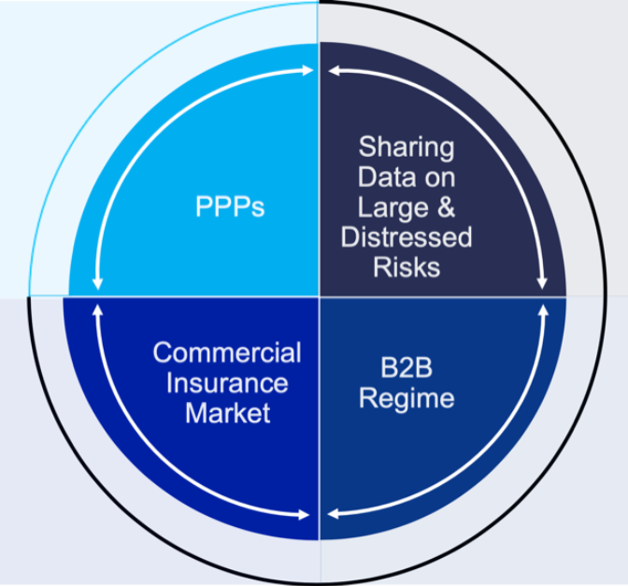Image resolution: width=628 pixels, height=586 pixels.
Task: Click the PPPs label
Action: pos(230,207)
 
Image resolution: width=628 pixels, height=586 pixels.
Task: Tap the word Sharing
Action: pos(407,148)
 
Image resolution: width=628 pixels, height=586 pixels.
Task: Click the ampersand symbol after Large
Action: pos(446,207)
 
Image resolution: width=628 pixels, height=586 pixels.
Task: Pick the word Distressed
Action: pos(407,237)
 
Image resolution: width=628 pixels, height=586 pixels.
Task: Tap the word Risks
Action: pos(407,267)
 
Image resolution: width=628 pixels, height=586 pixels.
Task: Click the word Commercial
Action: pos(227,353)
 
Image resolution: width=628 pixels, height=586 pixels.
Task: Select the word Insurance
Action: pos(227,383)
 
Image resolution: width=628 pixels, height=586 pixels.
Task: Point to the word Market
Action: pos(227,413)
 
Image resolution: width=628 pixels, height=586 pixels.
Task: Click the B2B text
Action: pos(407,367)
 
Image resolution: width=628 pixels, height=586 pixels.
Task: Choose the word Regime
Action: pos(407,399)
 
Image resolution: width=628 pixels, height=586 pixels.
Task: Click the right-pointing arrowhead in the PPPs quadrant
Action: pos(307,70)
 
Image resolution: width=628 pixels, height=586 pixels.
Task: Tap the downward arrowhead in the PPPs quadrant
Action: pos(97,283)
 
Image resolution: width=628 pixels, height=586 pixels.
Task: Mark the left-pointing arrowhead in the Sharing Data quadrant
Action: pos(334,71)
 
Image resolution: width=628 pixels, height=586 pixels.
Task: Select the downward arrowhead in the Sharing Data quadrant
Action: pos(542,283)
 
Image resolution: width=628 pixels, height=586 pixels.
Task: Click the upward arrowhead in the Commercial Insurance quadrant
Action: pos(97,308)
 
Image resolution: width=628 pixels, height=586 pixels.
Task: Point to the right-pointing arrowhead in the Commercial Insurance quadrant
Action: pos(305,515)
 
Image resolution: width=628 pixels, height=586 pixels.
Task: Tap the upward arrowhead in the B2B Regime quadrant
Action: pos(543,309)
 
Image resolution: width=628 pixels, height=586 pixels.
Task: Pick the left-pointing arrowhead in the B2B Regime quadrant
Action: pos(334,513)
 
